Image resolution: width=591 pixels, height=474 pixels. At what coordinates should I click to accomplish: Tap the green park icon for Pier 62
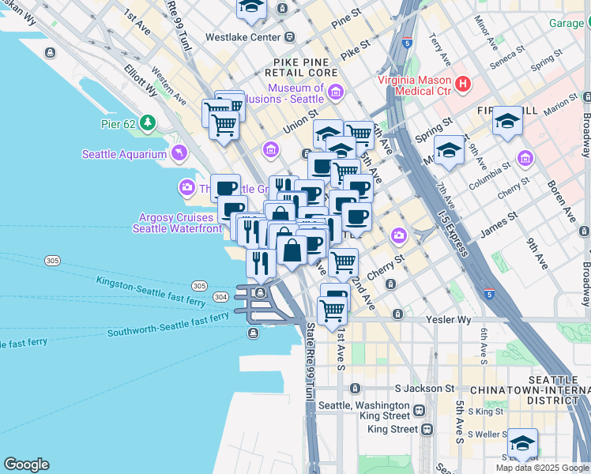click(148, 123)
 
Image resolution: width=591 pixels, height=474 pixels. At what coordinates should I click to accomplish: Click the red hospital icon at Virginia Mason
click(463, 82)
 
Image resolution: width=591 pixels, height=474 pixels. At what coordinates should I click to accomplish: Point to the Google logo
click(26, 465)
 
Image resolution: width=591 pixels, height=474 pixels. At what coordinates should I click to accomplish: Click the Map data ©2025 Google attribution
click(541, 468)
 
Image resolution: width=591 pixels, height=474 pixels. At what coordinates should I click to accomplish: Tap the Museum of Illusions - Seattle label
click(295, 94)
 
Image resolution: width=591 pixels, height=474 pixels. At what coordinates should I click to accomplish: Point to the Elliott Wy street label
click(140, 80)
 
